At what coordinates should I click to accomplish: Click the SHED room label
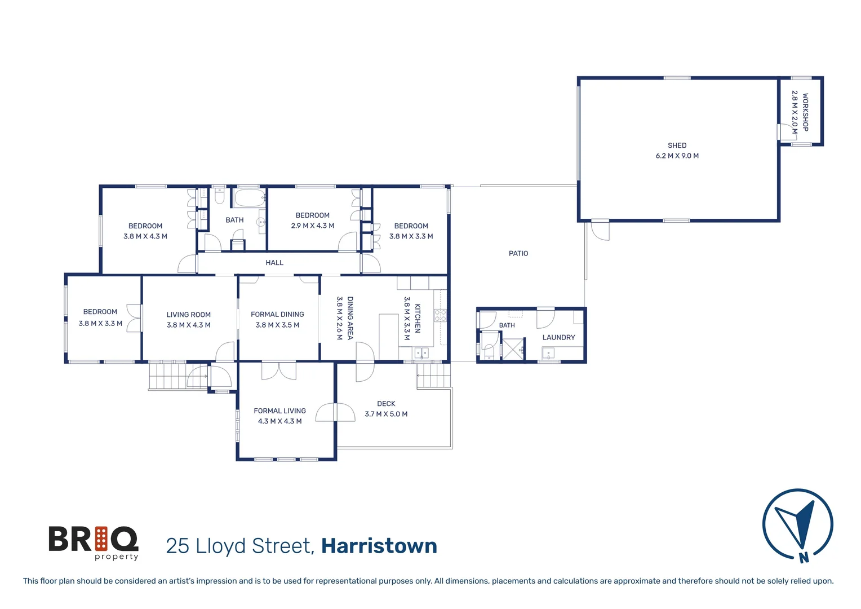click(x=677, y=145)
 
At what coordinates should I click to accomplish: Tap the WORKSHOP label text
click(x=805, y=112)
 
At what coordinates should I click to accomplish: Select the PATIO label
click(x=518, y=254)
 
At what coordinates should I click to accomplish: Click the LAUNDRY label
click(x=558, y=338)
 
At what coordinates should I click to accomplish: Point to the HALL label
click(x=274, y=263)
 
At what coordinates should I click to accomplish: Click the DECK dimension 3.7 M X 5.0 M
click(x=386, y=414)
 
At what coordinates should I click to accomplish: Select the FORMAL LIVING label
click(x=279, y=411)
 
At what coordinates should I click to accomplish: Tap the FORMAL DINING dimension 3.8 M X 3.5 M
click(x=277, y=325)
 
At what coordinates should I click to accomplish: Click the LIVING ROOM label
click(x=188, y=315)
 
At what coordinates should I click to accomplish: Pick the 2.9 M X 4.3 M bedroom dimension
click(x=312, y=226)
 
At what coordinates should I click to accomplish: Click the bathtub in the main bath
click(x=249, y=198)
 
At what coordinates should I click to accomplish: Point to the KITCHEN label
click(x=418, y=319)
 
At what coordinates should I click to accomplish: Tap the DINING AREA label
click(x=350, y=318)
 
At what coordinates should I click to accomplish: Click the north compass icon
click(x=797, y=525)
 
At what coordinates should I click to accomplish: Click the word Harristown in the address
click(x=379, y=546)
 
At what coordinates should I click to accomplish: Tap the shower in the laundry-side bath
click(x=513, y=350)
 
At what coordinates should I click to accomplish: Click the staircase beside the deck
click(x=433, y=376)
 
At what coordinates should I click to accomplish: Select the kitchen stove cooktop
click(x=440, y=315)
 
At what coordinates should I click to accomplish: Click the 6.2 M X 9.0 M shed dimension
click(x=677, y=156)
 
